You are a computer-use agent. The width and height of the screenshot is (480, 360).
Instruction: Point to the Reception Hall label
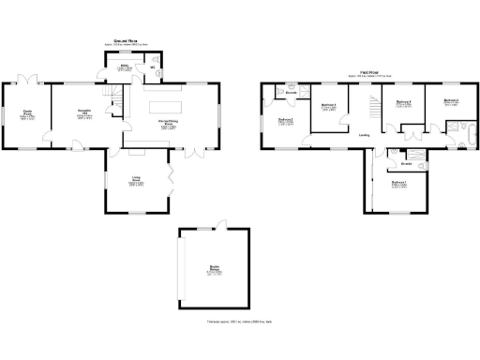[83, 115]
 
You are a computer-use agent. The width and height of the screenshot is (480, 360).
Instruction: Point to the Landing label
[363, 135]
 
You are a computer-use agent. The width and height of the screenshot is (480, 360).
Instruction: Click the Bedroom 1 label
[398, 184]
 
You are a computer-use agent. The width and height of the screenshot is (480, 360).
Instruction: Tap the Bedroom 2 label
[286, 120]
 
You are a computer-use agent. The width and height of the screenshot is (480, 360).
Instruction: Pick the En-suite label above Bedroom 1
[409, 148]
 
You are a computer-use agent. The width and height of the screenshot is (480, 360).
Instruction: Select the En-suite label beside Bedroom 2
[292, 92]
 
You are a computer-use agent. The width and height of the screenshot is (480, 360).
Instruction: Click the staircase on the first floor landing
[373, 109]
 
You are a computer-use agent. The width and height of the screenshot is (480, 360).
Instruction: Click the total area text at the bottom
[239, 322]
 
